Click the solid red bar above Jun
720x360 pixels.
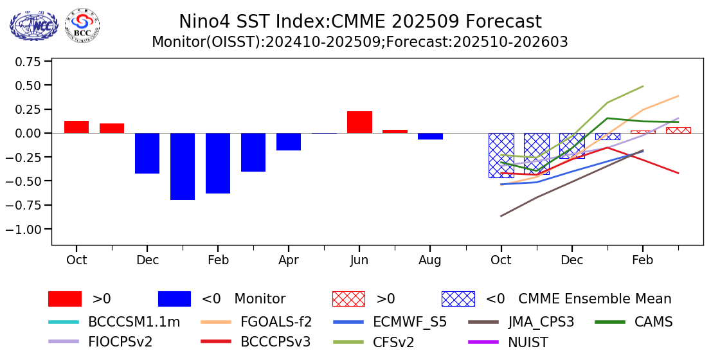click(359, 122)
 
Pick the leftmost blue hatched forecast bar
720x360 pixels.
click(501, 155)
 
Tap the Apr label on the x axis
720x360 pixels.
click(289, 260)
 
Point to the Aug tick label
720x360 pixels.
click(430, 260)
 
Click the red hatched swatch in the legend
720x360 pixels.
click(348, 299)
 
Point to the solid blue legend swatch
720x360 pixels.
click(174, 299)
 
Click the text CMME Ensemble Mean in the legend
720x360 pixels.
click(595, 299)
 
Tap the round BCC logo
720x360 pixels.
click(82, 26)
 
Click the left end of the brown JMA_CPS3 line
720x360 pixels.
click(501, 216)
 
